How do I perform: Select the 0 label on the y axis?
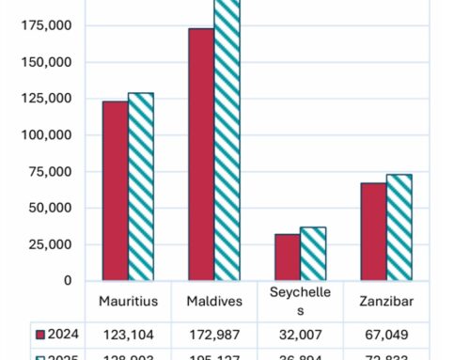[x=69, y=280]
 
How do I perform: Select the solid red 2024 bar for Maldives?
[x=201, y=154]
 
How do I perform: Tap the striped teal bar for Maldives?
[x=227, y=140]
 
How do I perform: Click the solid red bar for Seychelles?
[x=287, y=257]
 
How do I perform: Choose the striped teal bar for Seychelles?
[x=312, y=253]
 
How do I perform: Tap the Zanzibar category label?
[x=384, y=302]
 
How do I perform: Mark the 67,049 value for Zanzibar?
[x=384, y=335]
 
